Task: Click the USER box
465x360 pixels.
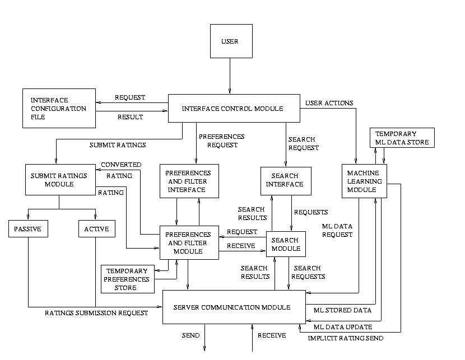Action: (x=229, y=41)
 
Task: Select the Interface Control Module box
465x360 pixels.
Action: (x=232, y=108)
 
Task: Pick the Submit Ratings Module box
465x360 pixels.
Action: (x=59, y=179)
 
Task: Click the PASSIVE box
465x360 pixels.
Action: (x=28, y=228)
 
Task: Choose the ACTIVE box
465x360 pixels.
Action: (x=96, y=228)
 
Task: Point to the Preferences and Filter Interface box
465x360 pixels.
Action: (x=189, y=181)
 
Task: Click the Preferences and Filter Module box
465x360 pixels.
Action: (x=189, y=243)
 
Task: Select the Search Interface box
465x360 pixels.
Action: (x=285, y=181)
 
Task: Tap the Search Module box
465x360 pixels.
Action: (x=285, y=244)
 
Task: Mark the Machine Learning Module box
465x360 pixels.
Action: (x=364, y=181)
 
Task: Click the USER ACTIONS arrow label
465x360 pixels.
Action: (x=329, y=103)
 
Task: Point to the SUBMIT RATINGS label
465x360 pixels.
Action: (x=118, y=145)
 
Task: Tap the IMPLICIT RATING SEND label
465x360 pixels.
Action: (x=346, y=338)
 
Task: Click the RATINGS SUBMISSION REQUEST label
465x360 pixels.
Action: (x=96, y=313)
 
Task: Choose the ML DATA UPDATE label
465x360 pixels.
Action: (x=343, y=327)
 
